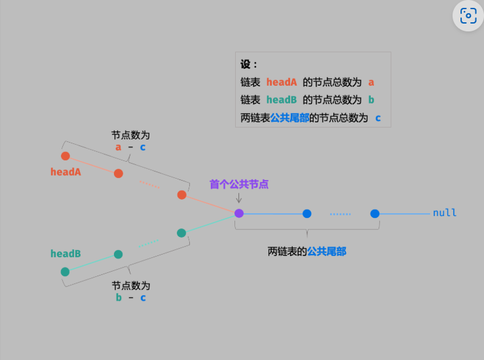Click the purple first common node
tap(239, 213)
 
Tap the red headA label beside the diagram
tap(65, 172)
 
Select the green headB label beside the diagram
tap(65, 253)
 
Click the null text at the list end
tap(445, 213)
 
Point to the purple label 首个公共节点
tap(239, 184)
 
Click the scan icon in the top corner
tap(468, 16)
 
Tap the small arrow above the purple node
tap(238, 198)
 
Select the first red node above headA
tap(65, 156)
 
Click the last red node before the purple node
tap(182, 194)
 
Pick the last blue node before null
tap(375, 213)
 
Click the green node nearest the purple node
tap(181, 233)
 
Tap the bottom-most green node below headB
tap(65, 272)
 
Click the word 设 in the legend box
tap(246, 64)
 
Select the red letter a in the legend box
tap(371, 82)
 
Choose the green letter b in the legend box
tap(371, 99)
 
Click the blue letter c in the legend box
tap(378, 118)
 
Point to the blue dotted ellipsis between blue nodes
tap(340, 214)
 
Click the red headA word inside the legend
tap(282, 82)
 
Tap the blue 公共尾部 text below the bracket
tap(327, 251)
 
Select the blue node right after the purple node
tap(307, 213)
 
